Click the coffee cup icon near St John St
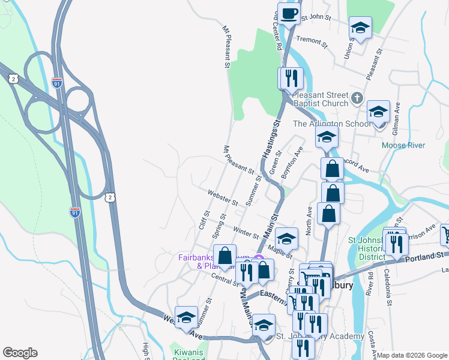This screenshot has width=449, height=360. tap(288, 14)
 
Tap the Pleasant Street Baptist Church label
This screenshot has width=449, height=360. tap(321, 99)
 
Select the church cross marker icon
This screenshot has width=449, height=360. tap(357, 97)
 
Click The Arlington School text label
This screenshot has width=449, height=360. tap(331, 124)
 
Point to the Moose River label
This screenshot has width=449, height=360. tap(403, 145)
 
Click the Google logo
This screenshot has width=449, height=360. tap(20, 353)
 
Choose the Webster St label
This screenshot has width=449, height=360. tap(223, 196)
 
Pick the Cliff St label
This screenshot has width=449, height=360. tap(203, 220)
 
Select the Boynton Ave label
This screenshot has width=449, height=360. tap(294, 161)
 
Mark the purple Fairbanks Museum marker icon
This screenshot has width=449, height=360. tap(258, 259)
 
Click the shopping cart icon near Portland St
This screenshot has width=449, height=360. tap(445, 233)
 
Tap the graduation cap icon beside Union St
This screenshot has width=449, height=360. tap(360, 27)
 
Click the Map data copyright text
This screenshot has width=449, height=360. tap(412, 355)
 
